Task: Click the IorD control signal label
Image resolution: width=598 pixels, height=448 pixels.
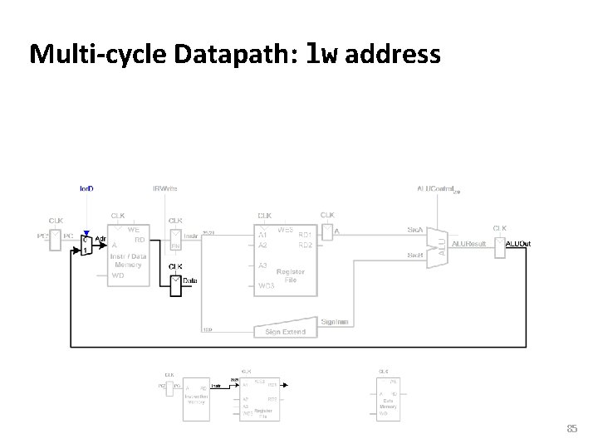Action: coord(86,188)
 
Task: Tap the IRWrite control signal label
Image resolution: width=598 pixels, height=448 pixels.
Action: coord(165,188)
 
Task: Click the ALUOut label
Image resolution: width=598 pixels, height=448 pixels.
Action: coord(518,244)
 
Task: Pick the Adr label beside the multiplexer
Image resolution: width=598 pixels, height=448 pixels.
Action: coord(100,239)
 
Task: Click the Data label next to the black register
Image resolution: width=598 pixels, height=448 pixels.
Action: coord(190,281)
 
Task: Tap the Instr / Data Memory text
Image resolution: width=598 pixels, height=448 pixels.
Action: coord(129,261)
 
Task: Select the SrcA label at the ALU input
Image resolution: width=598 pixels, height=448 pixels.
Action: coord(414,230)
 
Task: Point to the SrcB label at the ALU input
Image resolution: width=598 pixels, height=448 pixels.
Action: coord(414,254)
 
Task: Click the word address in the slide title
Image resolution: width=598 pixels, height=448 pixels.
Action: coord(391,55)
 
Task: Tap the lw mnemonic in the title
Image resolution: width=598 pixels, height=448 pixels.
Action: coord(322,55)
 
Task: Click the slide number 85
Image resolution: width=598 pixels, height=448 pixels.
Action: coord(571,428)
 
